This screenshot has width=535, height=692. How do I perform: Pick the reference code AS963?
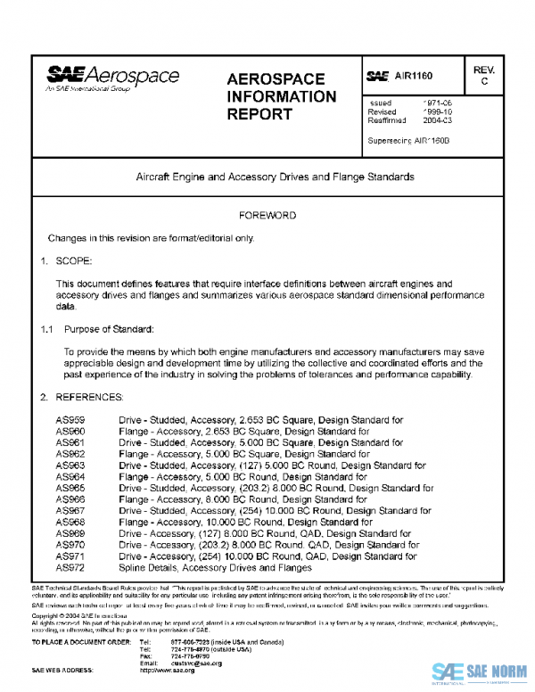pos(70,465)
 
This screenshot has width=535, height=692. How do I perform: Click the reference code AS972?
pos(70,567)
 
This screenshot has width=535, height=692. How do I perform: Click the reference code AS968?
pos(70,522)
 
